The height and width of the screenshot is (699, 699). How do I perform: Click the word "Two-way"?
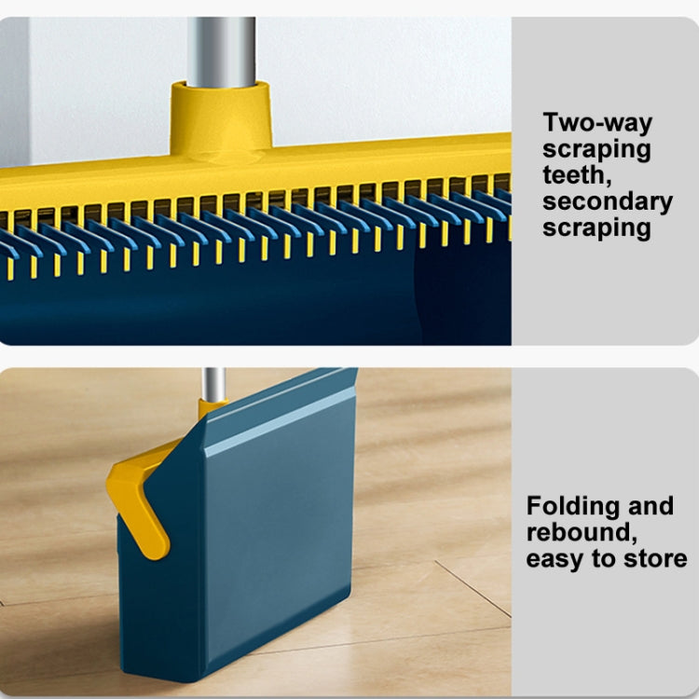(x=597, y=123)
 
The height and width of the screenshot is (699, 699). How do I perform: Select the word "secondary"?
(x=607, y=201)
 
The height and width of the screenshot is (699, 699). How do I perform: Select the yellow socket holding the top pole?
(x=221, y=116)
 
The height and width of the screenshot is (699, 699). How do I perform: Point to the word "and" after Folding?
(x=649, y=507)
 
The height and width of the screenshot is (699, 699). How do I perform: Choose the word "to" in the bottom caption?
(x=607, y=558)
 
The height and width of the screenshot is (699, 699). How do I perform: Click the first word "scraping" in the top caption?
(x=596, y=149)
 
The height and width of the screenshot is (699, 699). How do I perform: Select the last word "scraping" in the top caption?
(x=596, y=227)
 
